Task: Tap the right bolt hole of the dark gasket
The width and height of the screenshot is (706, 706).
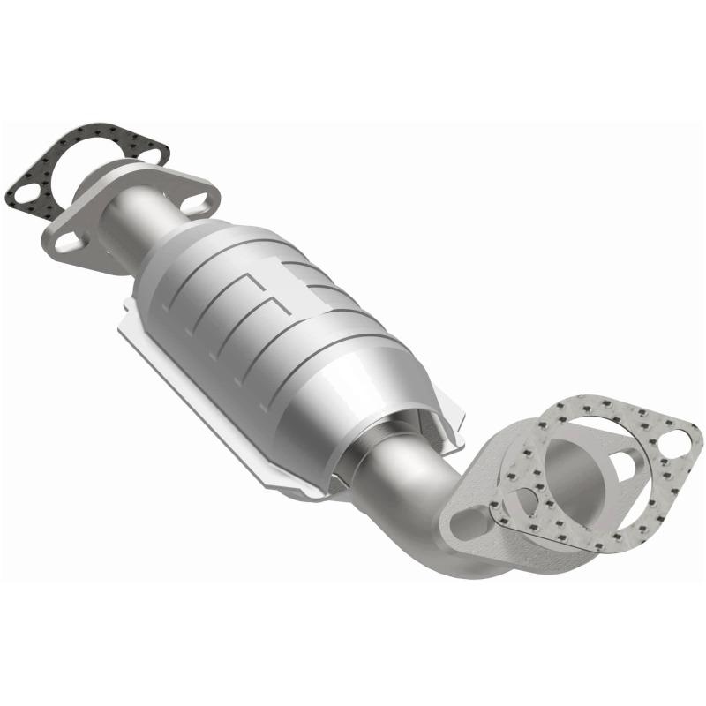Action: (x=151, y=155)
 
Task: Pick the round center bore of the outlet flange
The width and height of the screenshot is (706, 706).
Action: (x=574, y=463)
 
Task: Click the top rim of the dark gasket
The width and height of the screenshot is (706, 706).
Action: (x=97, y=132)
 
